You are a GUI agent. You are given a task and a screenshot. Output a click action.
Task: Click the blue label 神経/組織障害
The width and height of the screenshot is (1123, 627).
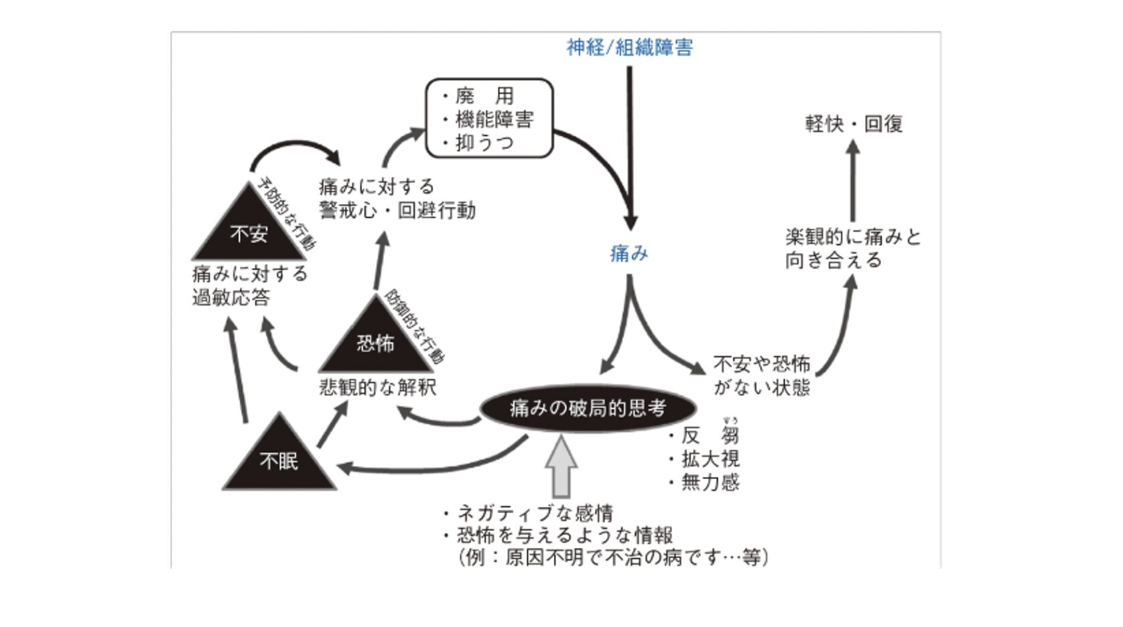tap(629, 48)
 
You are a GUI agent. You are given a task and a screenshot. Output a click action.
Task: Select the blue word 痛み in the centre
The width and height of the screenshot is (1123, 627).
tap(629, 254)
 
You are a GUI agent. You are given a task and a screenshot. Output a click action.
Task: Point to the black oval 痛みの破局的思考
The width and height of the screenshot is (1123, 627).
tap(588, 408)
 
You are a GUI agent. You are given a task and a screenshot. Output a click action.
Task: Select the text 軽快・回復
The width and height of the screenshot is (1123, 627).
tap(854, 124)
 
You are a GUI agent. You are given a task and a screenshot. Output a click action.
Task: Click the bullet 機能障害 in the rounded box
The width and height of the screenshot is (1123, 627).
tap(494, 119)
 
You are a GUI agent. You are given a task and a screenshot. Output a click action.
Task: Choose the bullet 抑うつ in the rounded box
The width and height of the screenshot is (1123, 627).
tap(484, 143)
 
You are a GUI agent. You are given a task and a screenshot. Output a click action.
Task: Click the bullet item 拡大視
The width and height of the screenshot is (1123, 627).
tap(710, 459)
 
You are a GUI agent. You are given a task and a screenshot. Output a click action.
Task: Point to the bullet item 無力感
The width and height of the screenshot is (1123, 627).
tap(710, 482)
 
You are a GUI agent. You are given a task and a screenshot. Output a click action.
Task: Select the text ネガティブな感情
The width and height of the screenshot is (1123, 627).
tap(535, 513)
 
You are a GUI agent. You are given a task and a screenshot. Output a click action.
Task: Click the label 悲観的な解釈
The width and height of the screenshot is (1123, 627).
tap(378, 388)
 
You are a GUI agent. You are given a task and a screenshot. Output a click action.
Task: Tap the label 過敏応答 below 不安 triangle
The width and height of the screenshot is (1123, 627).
tap(231, 297)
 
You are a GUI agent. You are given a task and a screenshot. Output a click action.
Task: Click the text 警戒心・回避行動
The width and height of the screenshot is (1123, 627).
tap(397, 210)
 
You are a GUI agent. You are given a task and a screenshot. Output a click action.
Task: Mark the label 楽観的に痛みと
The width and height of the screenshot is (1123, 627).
tap(853, 236)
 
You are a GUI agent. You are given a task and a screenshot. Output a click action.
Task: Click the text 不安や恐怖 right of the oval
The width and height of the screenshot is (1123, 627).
tap(762, 364)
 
